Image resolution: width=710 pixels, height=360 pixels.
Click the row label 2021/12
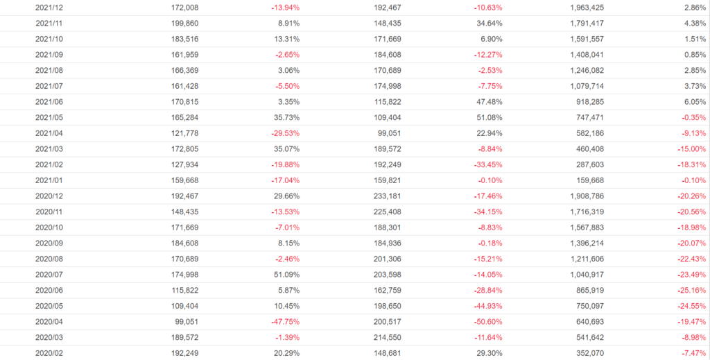click(x=49, y=7)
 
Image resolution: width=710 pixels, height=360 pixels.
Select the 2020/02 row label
click(x=49, y=352)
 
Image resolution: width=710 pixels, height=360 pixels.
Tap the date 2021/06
click(x=49, y=101)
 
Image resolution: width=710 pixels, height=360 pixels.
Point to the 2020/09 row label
click(x=49, y=243)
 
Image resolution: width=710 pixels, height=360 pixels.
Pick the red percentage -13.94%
click(x=286, y=7)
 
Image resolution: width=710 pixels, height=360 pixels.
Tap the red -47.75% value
click(x=286, y=321)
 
